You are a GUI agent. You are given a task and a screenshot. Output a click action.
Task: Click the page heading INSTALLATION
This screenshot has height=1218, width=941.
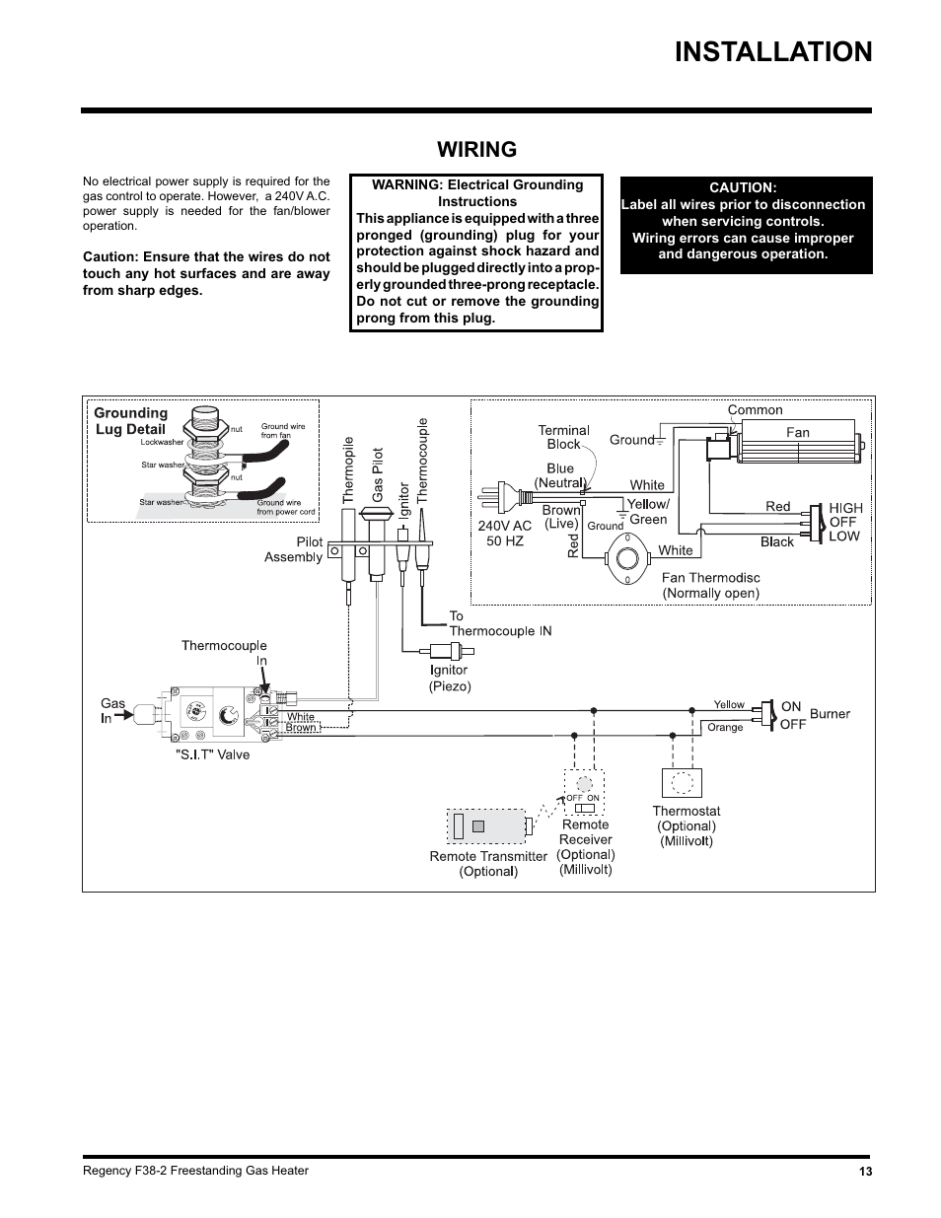tap(773, 52)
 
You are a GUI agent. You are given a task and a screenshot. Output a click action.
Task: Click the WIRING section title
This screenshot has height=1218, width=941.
tap(477, 150)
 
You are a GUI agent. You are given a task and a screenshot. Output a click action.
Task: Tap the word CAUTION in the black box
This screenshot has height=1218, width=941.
tap(743, 187)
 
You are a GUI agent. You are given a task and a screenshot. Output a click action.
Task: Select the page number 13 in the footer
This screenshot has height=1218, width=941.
tap(865, 1172)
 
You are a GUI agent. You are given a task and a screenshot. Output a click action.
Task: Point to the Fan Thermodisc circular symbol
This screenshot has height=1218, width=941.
tap(627, 559)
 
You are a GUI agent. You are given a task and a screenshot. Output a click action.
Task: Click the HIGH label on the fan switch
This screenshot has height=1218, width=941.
tap(845, 508)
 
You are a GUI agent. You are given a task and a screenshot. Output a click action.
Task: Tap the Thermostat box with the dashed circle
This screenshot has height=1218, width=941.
tap(682, 782)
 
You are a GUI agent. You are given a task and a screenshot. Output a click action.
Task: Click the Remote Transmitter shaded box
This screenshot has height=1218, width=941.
tap(486, 826)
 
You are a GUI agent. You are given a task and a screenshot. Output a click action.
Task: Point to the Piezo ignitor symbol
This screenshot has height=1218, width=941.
tap(451, 651)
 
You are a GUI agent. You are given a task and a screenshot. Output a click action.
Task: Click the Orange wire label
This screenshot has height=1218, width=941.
tap(725, 728)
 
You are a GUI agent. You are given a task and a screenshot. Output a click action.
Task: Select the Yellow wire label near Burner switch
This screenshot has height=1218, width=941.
tap(729, 704)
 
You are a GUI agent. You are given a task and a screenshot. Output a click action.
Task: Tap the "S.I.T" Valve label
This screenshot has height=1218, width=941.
tap(212, 755)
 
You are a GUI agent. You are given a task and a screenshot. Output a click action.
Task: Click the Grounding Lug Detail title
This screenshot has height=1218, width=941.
tap(130, 421)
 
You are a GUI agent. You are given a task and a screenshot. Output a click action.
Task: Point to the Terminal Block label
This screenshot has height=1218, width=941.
tap(564, 437)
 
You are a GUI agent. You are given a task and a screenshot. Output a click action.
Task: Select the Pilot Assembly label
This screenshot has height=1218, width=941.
tap(294, 549)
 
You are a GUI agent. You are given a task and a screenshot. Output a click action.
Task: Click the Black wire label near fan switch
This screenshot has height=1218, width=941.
tap(777, 542)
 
